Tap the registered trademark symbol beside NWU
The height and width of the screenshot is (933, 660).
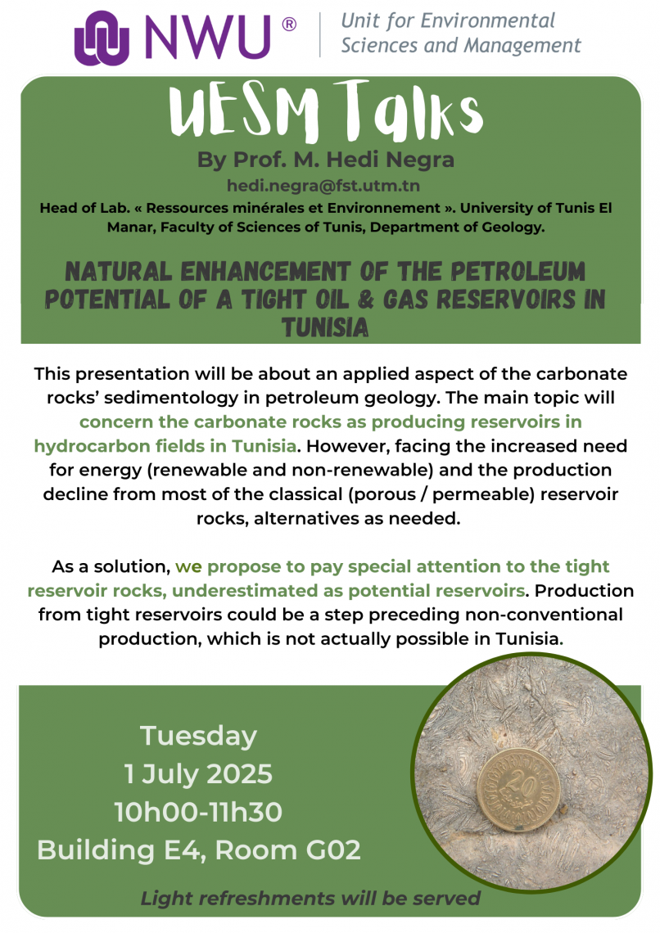pyautogui.click(x=288, y=25)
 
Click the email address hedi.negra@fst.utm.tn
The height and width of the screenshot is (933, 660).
pyautogui.click(x=323, y=187)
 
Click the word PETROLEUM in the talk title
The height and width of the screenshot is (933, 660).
pyautogui.click(x=518, y=272)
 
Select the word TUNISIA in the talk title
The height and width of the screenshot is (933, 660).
pyautogui.click(x=325, y=328)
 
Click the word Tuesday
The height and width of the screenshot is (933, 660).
pyautogui.click(x=199, y=737)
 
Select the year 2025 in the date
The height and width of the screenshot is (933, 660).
pyautogui.click(x=239, y=774)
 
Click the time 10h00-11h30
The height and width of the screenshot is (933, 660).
pyautogui.click(x=198, y=812)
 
